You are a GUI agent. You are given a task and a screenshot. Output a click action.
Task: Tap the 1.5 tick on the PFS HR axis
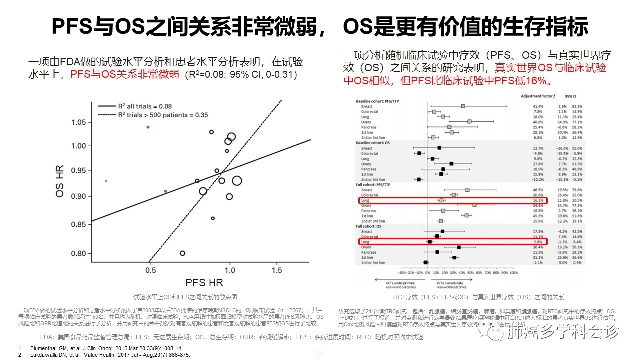click(x=276, y=270)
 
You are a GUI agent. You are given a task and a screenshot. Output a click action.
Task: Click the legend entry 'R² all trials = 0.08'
click(x=144, y=106)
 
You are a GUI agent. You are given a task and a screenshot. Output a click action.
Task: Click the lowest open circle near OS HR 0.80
click(x=182, y=253)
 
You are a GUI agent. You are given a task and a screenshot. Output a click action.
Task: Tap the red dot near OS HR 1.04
click(x=148, y=127)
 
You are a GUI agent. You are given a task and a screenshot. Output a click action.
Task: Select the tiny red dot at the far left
click(x=106, y=181)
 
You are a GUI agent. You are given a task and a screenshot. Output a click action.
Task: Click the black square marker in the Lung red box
click(x=430, y=242)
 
